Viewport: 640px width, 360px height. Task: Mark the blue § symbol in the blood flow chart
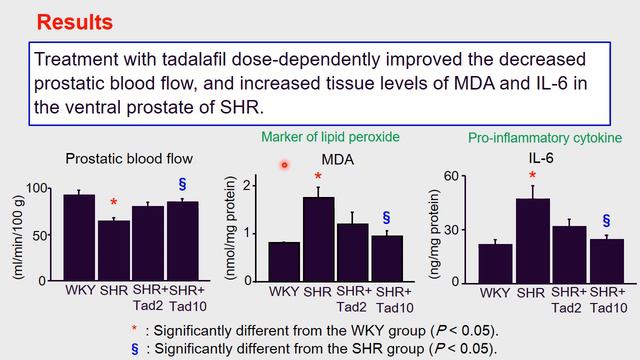pyautogui.click(x=182, y=184)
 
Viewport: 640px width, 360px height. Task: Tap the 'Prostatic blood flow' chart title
pyautogui.click(x=129, y=158)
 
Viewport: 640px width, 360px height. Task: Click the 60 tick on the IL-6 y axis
pyautogui.click(x=449, y=177)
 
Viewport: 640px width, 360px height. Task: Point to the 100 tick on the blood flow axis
pyautogui.click(x=40, y=188)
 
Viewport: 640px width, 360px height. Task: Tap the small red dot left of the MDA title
pyautogui.click(x=284, y=165)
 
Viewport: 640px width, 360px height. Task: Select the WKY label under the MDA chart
pyautogui.click(x=284, y=292)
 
